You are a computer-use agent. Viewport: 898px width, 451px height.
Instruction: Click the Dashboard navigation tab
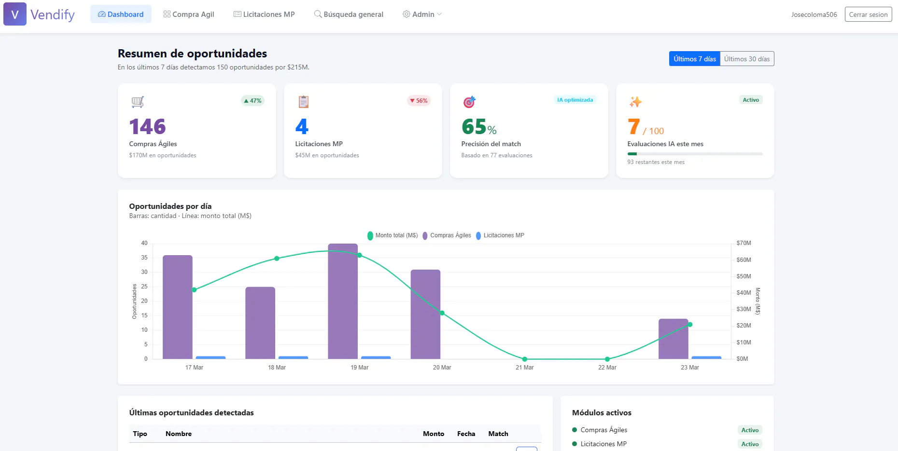coord(121,14)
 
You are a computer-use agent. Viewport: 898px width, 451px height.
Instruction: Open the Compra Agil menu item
coord(189,14)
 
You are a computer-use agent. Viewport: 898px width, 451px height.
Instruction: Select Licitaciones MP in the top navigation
coord(264,14)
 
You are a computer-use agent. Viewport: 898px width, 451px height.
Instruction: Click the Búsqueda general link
coord(349,14)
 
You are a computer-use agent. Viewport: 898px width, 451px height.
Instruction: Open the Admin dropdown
coord(422,14)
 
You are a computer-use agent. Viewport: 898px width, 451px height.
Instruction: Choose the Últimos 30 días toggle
coord(747,59)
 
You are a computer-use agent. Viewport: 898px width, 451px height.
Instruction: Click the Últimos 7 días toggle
coord(695,59)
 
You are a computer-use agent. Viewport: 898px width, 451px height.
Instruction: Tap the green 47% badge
coord(253,101)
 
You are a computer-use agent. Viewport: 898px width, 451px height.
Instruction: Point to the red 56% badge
coord(419,101)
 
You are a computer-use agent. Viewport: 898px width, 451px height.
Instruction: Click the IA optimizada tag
coord(575,100)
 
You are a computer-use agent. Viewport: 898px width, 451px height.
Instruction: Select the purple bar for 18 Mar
coord(260,323)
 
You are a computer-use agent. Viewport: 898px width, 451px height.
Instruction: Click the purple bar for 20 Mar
coord(425,314)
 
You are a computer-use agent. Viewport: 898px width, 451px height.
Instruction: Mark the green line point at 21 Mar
coord(525,359)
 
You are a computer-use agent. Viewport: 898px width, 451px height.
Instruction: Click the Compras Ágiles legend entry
coord(447,235)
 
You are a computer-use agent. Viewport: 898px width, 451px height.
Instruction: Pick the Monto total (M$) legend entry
coord(393,235)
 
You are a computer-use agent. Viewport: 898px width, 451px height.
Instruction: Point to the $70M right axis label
coord(744,243)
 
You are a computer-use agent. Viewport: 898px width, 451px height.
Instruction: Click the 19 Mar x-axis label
coord(359,368)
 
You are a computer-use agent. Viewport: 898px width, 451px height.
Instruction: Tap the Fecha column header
coord(466,434)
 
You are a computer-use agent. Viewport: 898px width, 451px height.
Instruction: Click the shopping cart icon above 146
coord(138,102)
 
